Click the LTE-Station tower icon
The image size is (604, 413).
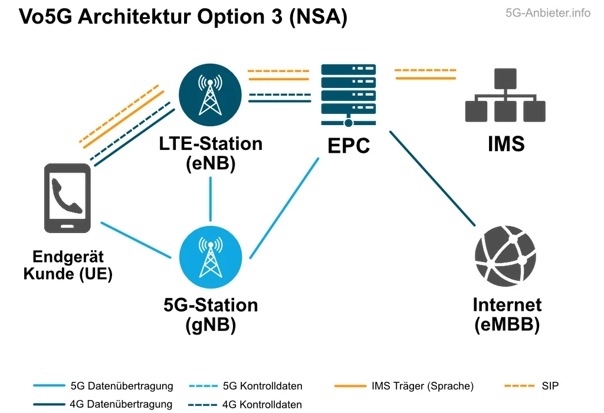click(x=210, y=94)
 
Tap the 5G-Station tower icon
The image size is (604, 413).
click(x=210, y=257)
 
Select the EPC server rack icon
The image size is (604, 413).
click(x=349, y=94)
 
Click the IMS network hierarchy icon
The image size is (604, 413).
click(x=505, y=96)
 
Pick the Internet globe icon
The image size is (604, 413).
click(x=505, y=257)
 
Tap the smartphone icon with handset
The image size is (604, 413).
click(x=67, y=198)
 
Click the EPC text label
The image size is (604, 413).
click(x=349, y=146)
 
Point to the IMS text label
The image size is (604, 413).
click(x=506, y=144)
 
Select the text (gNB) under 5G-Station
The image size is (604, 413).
click(x=211, y=325)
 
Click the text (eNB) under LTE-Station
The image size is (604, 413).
click(x=211, y=163)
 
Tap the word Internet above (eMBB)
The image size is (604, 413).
click(x=507, y=305)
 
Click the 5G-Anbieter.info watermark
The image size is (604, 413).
click(x=548, y=13)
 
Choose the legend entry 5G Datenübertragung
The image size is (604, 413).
click(x=122, y=386)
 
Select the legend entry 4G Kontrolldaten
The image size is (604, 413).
click(x=262, y=405)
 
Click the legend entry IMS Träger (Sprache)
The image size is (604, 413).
click(x=422, y=386)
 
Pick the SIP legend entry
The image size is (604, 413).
click(x=550, y=386)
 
